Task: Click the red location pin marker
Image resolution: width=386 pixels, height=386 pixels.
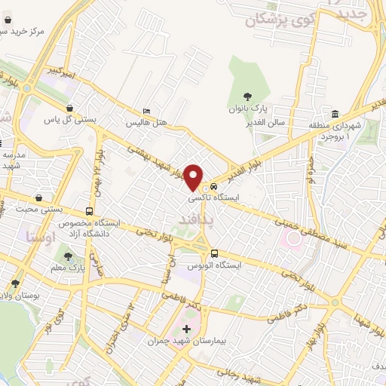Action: tap(195, 176)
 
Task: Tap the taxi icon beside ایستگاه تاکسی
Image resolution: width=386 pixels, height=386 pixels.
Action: tap(215, 185)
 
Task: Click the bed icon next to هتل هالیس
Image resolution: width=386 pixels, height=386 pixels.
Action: tap(147, 110)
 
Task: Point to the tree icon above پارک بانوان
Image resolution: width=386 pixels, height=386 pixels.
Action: tap(244, 94)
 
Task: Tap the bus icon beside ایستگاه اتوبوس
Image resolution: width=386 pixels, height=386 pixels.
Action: tap(215, 253)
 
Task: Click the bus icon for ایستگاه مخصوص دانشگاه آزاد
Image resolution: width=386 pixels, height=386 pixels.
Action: tap(90, 212)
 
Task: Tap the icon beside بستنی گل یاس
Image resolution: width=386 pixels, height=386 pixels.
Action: tap(70, 108)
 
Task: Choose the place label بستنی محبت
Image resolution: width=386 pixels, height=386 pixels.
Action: tap(50, 201)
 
